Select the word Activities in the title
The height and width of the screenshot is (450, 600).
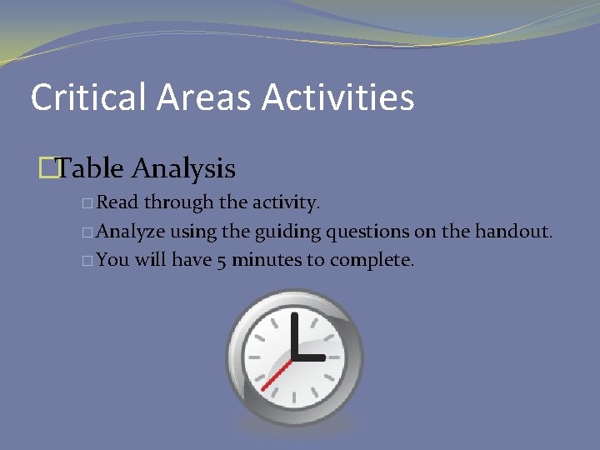338,97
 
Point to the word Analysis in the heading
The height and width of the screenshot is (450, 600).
184,170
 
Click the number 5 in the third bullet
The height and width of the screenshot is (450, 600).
222,260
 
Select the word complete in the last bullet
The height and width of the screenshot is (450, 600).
372,260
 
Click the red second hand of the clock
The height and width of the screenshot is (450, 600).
276,374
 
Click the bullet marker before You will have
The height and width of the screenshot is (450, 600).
88,260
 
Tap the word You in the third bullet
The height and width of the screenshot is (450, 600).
112,259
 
